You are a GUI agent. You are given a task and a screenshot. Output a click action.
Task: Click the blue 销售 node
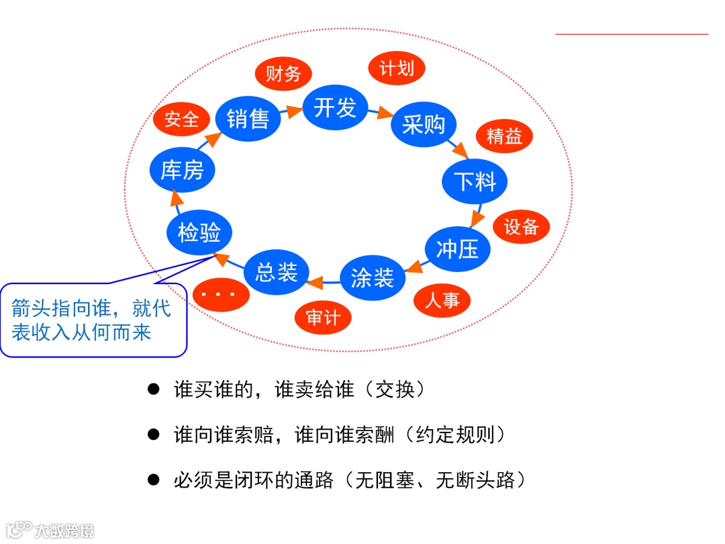point(248,120)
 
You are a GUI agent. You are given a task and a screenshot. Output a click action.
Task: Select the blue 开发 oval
point(335,107)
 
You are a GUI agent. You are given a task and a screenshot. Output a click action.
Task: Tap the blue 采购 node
point(424,124)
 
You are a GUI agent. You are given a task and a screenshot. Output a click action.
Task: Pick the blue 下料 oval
point(475,181)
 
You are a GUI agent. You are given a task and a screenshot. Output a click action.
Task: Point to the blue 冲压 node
point(457,248)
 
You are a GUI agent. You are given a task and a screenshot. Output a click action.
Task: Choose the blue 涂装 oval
point(373,277)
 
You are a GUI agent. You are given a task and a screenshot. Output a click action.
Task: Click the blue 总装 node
point(276,272)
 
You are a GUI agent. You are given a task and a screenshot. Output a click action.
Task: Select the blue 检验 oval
point(199,232)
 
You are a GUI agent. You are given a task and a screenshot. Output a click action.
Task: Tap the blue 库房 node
point(181,170)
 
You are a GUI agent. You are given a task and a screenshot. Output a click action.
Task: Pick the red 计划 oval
point(397,68)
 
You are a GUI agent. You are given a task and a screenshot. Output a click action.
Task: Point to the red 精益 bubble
point(504,136)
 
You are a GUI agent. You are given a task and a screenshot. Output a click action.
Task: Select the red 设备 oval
point(521,227)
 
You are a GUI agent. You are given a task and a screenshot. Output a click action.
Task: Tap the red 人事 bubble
point(442,300)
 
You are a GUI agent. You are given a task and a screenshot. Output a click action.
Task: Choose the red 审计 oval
point(323,317)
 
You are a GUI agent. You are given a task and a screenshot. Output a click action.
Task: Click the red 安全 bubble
point(181,120)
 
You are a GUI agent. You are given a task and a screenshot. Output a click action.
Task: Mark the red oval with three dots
point(222,293)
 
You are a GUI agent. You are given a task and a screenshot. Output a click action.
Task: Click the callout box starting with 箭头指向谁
point(92,320)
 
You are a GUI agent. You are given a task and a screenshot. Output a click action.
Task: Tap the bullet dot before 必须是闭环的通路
point(154,480)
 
